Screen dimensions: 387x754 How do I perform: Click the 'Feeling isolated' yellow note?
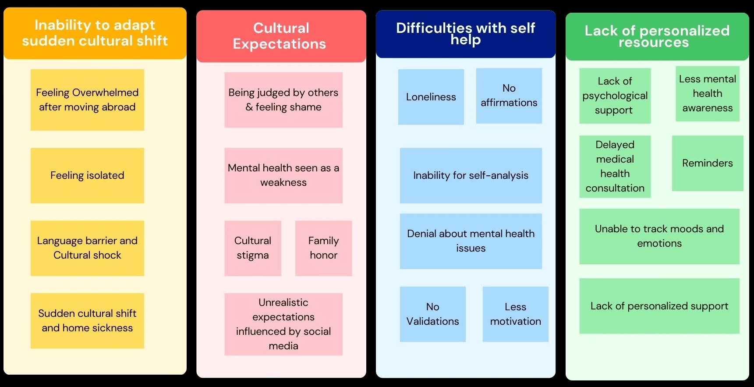pyautogui.click(x=87, y=175)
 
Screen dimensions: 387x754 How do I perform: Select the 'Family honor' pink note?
pyautogui.click(x=323, y=248)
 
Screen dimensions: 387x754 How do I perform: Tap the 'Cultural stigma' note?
pyautogui.click(x=253, y=248)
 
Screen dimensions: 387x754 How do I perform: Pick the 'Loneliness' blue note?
pyautogui.click(x=431, y=97)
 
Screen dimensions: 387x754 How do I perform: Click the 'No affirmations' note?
pyautogui.click(x=509, y=96)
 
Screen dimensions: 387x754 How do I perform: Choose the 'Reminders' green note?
pyautogui.click(x=707, y=163)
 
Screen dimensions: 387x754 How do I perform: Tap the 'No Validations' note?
pyautogui.click(x=432, y=314)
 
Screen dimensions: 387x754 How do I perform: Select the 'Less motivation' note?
pyautogui.click(x=515, y=314)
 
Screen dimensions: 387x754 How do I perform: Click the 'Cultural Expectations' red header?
pyautogui.click(x=281, y=36)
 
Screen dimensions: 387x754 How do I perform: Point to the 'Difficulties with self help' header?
pyautogui.click(x=465, y=34)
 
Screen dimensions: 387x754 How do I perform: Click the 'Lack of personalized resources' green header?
pyautogui.click(x=657, y=36)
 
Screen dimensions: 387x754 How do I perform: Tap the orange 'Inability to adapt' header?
pyautogui.click(x=95, y=33)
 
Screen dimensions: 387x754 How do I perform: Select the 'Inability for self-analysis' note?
pyautogui.click(x=471, y=175)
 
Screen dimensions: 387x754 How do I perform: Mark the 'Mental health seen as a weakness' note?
pyautogui.click(x=283, y=175)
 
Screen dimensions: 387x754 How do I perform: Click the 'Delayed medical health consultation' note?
pyautogui.click(x=615, y=167)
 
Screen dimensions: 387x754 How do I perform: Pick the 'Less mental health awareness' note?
pyautogui.click(x=707, y=93)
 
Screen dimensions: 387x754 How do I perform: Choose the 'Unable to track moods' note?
pyautogui.click(x=659, y=236)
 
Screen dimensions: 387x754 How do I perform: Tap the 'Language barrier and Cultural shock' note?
pyautogui.click(x=87, y=248)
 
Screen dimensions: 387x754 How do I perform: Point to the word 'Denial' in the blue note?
pyautogui.click(x=421, y=234)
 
